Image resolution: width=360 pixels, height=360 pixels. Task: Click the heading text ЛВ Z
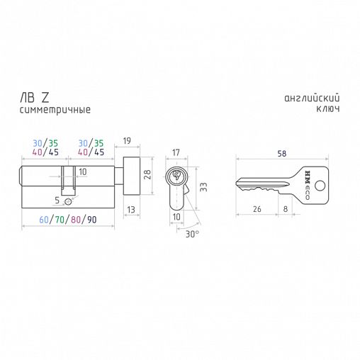point(35,98)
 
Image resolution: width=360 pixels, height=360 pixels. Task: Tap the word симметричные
point(55,110)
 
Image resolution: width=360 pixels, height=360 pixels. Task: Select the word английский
point(312,98)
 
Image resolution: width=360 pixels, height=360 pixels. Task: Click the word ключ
point(328,108)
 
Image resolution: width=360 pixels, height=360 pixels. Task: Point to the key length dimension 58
point(282,154)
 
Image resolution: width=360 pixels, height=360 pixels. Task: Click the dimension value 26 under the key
point(257,209)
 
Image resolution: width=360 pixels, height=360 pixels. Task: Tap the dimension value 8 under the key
point(286,209)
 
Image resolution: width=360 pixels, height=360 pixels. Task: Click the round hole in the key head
point(320,186)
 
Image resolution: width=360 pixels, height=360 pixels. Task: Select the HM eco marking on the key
point(308,185)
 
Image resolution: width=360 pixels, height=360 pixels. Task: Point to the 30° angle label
point(192,234)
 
